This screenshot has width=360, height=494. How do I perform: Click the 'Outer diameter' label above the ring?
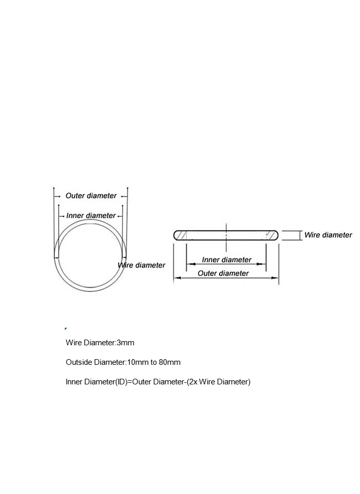[91, 196]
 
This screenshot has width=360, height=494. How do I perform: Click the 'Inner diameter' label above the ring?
[91, 216]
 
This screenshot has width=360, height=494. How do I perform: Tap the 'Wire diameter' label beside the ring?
[142, 265]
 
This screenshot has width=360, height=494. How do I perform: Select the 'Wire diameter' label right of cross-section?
[328, 235]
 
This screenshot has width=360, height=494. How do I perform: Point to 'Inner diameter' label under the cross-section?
[226, 260]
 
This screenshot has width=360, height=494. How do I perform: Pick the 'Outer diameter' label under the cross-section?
[223, 273]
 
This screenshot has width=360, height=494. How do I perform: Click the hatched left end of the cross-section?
[181, 235]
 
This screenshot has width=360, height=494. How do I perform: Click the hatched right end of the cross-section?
[271, 235]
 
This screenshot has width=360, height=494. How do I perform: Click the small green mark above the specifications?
[66, 328]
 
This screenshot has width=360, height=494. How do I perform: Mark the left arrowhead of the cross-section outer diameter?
[176, 278]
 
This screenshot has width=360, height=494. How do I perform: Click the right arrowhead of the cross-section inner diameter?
[263, 264]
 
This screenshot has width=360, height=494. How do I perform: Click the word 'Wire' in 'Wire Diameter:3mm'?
[74, 343]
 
